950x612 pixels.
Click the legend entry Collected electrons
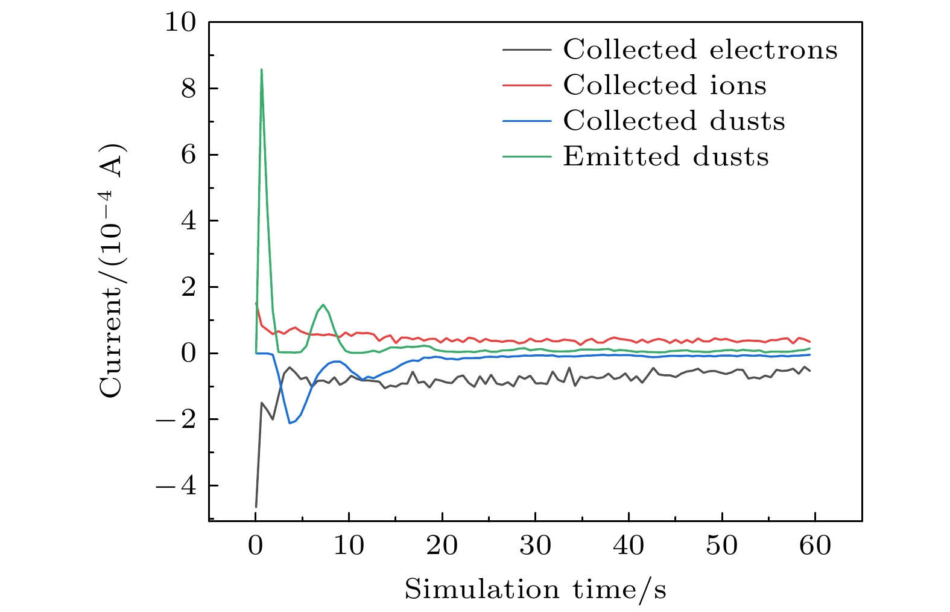pyautogui.click(x=700, y=49)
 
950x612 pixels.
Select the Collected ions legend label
pyautogui.click(x=665, y=85)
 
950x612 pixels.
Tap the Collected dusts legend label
pyautogui.click(x=674, y=121)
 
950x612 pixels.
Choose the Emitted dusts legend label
pyautogui.click(x=666, y=157)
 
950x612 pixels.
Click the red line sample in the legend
pyautogui.click(x=527, y=85)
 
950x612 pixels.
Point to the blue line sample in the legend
pyautogui.click(x=527, y=121)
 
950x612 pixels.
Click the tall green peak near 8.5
pyautogui.click(x=261, y=69)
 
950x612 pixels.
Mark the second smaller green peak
pyautogui.click(x=323, y=305)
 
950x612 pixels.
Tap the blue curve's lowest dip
pyautogui.click(x=290, y=422)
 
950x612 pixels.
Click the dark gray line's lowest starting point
pyautogui.click(x=256, y=506)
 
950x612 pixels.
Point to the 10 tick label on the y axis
pyautogui.click(x=180, y=23)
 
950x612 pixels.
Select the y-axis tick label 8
pyautogui.click(x=188, y=89)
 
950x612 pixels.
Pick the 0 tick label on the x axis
pyautogui.click(x=256, y=546)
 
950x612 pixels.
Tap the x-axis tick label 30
pyautogui.click(x=536, y=546)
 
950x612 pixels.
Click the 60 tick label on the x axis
pyautogui.click(x=815, y=546)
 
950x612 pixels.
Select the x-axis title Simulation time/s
pyautogui.click(x=535, y=589)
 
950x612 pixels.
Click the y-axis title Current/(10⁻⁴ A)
pyautogui.click(x=111, y=271)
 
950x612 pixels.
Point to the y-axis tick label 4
pyautogui.click(x=188, y=221)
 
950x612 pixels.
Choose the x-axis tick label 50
pyautogui.click(x=722, y=546)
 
